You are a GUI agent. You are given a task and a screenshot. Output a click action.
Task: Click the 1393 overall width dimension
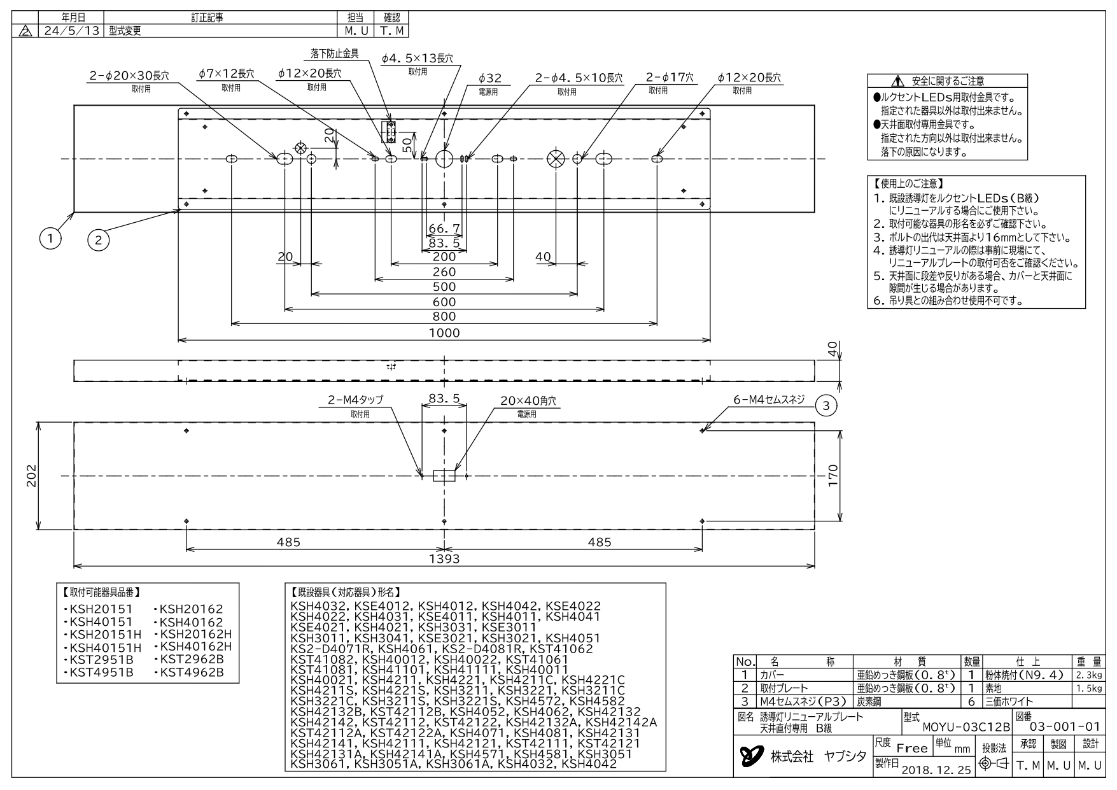coord(444,558)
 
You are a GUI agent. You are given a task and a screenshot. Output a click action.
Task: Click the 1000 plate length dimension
coord(444,332)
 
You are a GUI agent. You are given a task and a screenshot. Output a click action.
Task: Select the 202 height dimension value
coord(32,476)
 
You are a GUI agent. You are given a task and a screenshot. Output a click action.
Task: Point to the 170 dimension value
coord(833,476)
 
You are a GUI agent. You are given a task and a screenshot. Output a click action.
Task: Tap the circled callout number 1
coord(50,239)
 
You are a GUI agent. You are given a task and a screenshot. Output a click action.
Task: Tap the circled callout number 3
coord(825,405)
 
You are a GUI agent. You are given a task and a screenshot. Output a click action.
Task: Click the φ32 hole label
coord(490,78)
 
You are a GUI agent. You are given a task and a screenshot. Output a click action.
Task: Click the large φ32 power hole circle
coord(444,159)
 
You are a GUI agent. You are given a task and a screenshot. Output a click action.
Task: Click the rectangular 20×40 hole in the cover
coord(444,476)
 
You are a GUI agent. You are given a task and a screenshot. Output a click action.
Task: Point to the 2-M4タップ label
coord(356,400)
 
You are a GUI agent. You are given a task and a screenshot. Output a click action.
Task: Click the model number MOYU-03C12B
coord(966,727)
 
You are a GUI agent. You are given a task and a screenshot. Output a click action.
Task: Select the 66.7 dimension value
coord(444,228)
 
